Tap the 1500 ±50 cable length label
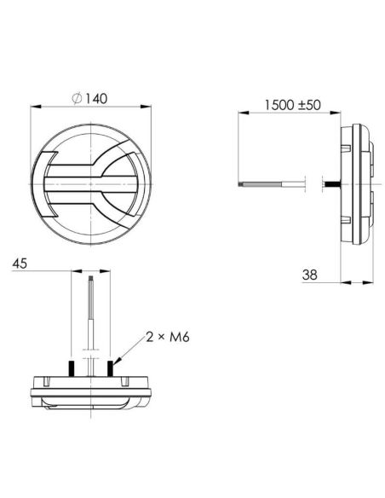(291, 105)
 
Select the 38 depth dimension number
(309, 275)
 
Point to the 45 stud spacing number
(21, 264)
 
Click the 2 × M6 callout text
(166, 338)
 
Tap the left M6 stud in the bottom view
(72, 368)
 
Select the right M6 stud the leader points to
(111, 368)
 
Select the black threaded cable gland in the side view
(331, 183)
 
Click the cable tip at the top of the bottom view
(91, 275)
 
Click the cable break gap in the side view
(313, 183)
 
